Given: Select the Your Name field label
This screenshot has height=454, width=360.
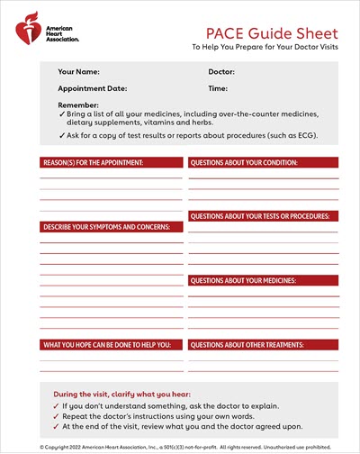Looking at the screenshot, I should [x=78, y=71].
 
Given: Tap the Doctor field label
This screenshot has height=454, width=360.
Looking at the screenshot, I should [x=221, y=71].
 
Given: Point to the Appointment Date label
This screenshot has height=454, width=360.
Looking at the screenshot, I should [x=93, y=89].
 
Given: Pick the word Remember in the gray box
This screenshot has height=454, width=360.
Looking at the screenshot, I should [x=78, y=105].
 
